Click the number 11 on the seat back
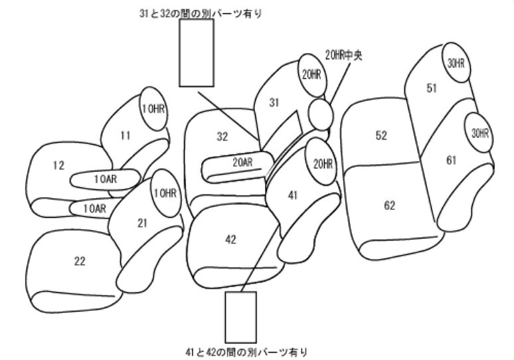coord(126,135)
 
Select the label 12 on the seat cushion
coord(58,165)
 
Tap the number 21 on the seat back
coord(142,223)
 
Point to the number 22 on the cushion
coord(80,261)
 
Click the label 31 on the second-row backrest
coord(274,103)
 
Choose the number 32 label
coord(222,136)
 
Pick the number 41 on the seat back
coord(292,195)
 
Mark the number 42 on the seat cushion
coord(231,240)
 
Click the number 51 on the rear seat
coord(432,88)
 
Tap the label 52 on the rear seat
coord(381,135)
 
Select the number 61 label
coord(451,160)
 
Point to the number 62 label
coord(389,206)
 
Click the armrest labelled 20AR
coord(238,167)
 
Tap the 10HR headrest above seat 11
coord(153,109)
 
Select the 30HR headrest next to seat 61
coord(479,133)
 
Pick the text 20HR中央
coord(343,55)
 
